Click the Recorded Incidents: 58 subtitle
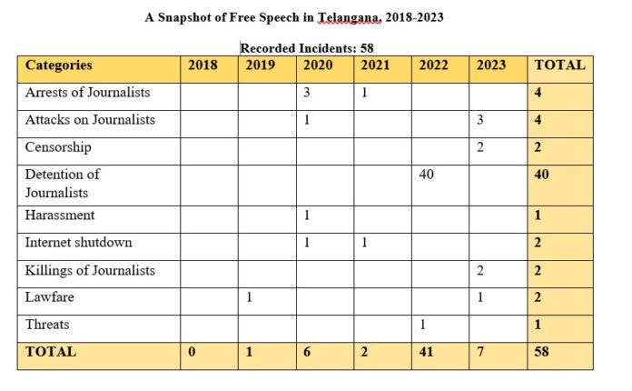pos(308,47)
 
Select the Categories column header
pos(59,65)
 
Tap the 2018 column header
pos(202,65)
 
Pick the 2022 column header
pos(434,65)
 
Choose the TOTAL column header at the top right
pos(559,65)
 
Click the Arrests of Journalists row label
pos(88,93)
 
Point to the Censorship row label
pos(58,147)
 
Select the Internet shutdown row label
pos(78,242)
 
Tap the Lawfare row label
pos(49,296)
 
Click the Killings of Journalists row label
pos(90,270)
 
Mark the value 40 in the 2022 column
pos(426,174)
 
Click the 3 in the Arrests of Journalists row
pos(306,93)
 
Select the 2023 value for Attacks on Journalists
pos(480,120)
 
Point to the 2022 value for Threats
pos(422,324)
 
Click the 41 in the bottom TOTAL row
pos(426,351)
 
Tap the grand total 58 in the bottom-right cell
pos(542,351)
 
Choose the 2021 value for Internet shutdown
pos(364,242)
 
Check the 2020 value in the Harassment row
pos(306,216)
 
